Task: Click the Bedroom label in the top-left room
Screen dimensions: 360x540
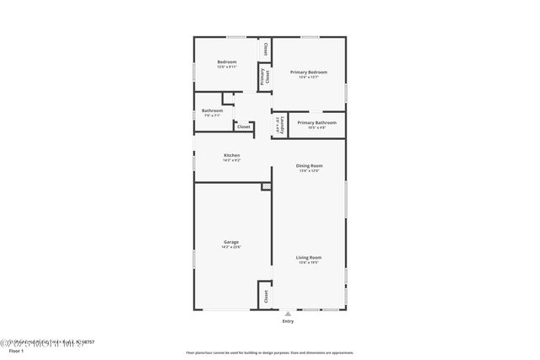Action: pos(227,62)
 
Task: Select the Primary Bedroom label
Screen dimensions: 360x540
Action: pos(308,73)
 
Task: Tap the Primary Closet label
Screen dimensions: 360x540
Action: pos(264,77)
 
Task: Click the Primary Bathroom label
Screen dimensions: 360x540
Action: pos(316,122)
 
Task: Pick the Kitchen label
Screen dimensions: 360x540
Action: pos(231,155)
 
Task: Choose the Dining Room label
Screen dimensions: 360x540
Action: pos(309,165)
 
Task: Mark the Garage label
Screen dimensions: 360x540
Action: pos(231,242)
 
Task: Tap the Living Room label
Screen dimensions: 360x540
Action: pos(308,257)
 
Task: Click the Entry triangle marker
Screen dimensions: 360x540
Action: pos(288,313)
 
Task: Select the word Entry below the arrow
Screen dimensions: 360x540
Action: pos(288,321)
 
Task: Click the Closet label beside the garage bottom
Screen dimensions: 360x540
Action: pos(266,296)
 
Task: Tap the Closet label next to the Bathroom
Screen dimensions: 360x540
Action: pos(243,126)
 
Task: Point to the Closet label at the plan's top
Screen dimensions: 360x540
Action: pos(266,48)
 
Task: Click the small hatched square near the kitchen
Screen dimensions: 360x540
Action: pos(267,185)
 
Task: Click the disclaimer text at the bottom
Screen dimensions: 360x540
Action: pos(269,352)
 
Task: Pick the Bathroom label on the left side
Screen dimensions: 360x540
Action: pos(212,110)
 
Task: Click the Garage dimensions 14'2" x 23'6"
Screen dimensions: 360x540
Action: pos(231,247)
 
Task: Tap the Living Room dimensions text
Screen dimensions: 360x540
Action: pos(308,262)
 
